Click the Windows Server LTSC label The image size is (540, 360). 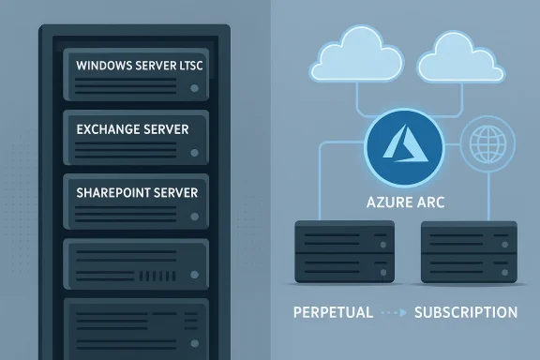pos(141,66)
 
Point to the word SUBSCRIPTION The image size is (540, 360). pos(465,311)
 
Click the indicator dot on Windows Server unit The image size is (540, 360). pos(193,89)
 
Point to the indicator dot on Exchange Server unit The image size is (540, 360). pos(193,151)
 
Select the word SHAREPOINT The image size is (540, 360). pos(112,190)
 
